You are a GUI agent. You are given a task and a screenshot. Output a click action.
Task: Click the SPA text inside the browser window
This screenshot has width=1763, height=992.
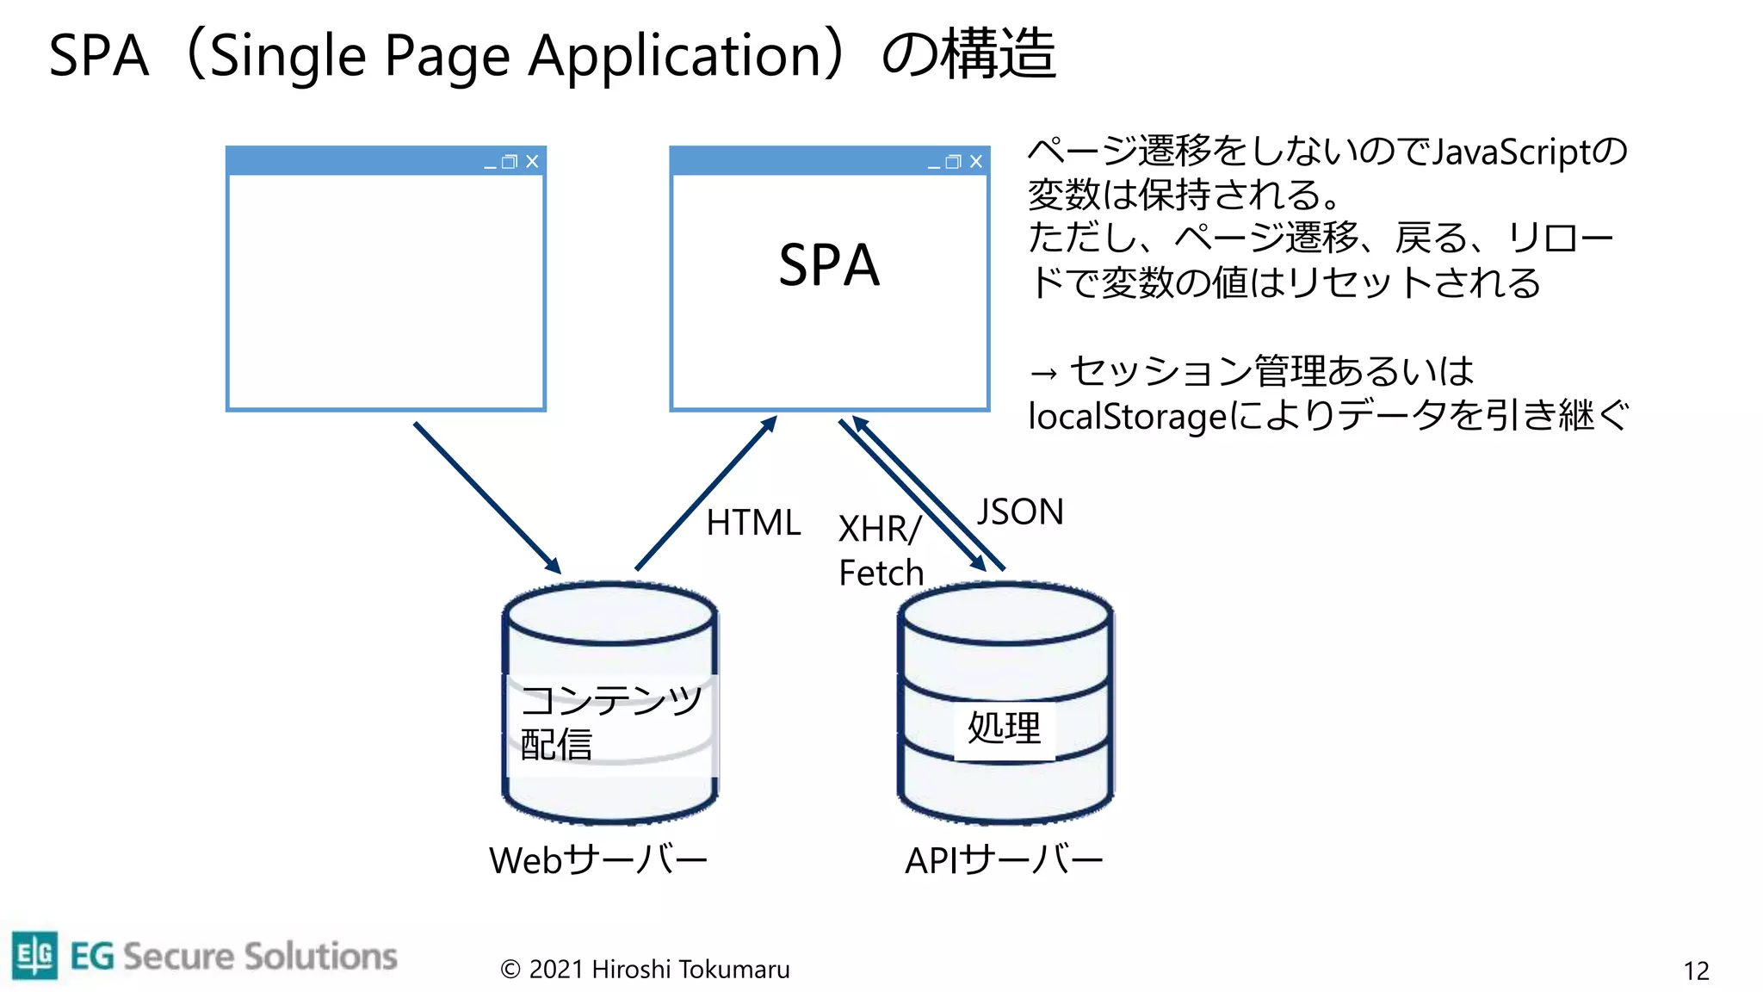point(829,265)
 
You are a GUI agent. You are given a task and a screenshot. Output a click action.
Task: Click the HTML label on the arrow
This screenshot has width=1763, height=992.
point(753,523)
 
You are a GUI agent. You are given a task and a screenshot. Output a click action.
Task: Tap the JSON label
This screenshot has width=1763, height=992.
point(1020,512)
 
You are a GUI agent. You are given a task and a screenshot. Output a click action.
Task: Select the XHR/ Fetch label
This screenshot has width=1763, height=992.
point(881,551)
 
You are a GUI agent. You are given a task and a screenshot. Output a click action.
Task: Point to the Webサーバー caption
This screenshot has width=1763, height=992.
point(598,860)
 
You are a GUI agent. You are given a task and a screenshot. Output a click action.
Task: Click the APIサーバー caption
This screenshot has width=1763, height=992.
point(1004,860)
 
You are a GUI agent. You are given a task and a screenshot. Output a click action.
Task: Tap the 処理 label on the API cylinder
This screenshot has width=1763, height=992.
point(1004,728)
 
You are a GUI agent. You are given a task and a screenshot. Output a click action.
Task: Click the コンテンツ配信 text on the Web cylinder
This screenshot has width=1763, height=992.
point(609,722)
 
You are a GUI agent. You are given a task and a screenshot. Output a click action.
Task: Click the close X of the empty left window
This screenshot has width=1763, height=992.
point(532,162)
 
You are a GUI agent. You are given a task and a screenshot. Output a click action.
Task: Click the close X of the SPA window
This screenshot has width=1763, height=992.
point(976,162)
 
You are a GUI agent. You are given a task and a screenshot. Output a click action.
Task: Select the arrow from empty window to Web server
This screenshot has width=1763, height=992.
point(487,498)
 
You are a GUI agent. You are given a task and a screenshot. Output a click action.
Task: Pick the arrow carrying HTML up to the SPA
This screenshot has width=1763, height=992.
point(706,493)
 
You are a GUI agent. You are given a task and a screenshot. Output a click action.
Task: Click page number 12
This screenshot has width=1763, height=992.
point(1696,971)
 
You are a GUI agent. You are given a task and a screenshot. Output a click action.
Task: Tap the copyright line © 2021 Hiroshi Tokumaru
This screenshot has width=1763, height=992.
point(645,970)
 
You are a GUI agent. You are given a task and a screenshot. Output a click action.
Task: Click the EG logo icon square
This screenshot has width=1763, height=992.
point(35,955)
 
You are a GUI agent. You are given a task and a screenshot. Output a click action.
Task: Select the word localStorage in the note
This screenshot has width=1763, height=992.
point(1127,417)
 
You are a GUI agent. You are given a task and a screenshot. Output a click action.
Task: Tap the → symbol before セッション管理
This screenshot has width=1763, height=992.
point(1043,374)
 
